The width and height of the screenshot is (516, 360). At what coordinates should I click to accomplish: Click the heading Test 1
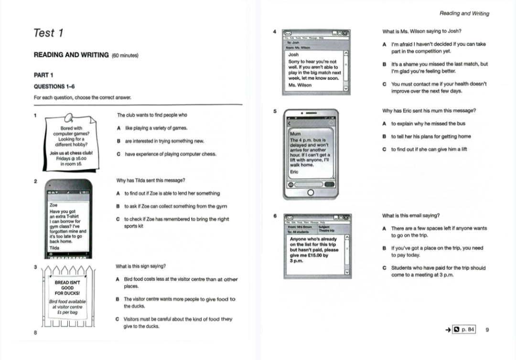(x=48, y=33)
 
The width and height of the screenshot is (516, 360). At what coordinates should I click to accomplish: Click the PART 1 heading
(x=43, y=75)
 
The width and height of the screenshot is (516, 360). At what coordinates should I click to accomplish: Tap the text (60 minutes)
(x=125, y=55)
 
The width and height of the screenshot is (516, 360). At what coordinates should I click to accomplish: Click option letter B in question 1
(x=118, y=141)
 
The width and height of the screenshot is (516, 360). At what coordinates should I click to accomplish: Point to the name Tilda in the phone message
(x=54, y=248)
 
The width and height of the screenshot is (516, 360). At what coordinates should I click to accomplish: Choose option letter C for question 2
(x=118, y=219)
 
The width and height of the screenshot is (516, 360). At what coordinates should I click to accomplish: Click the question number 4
(x=274, y=32)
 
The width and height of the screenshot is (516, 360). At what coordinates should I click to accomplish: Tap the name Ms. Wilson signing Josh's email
(x=300, y=85)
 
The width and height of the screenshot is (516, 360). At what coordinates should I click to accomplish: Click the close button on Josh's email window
(x=345, y=32)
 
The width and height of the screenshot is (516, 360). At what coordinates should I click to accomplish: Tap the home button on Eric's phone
(x=311, y=192)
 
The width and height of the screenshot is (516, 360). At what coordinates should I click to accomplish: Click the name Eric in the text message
(x=294, y=171)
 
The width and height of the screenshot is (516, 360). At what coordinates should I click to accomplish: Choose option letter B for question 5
(x=384, y=137)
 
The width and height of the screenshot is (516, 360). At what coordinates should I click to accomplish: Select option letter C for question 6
(x=384, y=268)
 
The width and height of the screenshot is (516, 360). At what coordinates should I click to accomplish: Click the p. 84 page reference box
(x=464, y=329)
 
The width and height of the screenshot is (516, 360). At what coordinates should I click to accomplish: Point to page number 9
(x=487, y=329)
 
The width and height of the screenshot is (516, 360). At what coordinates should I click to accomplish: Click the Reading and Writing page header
(x=464, y=13)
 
